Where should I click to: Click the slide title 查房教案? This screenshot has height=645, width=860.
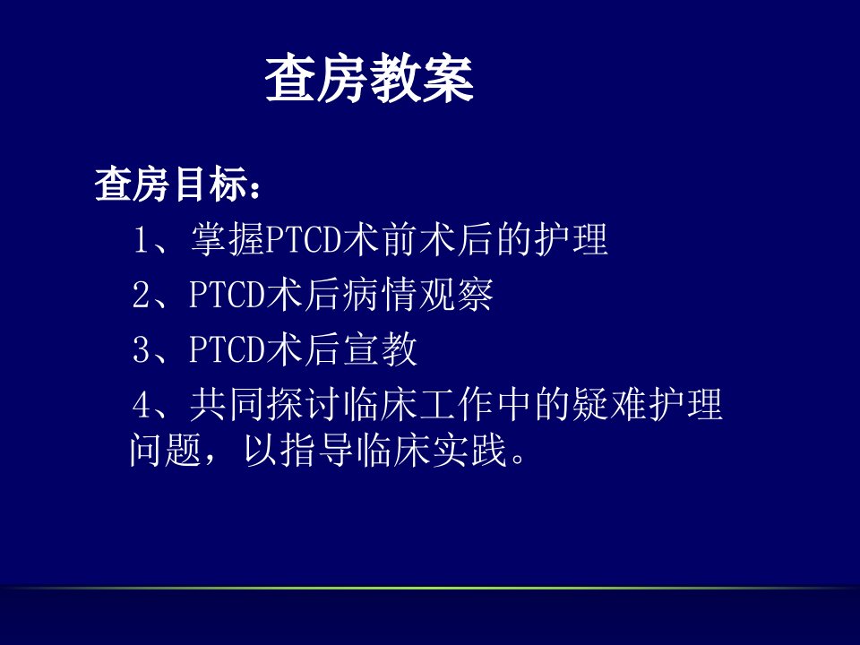[x=369, y=79]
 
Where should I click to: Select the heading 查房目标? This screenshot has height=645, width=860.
[x=170, y=185]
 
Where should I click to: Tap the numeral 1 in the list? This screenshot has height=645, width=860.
[x=141, y=240]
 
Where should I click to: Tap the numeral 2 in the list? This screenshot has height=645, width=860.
[x=141, y=295]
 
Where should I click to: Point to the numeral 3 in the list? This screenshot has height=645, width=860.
[x=141, y=349]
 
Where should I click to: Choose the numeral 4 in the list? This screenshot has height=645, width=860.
[x=141, y=405]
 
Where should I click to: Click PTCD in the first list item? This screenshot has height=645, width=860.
[x=304, y=240]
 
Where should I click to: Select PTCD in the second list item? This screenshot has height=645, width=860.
[x=227, y=295]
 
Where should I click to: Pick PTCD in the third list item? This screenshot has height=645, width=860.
[x=227, y=349]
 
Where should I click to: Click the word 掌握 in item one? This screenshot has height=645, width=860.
[x=228, y=240]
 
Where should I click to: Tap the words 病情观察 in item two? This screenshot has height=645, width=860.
[x=417, y=295]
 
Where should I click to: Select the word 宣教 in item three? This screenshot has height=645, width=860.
[x=380, y=349]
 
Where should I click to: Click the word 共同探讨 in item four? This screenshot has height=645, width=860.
[x=265, y=405]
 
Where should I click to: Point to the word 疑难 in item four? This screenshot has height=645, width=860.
[x=609, y=405]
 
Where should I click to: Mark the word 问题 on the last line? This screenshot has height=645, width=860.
[x=166, y=451]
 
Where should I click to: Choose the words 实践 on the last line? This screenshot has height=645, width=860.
[x=469, y=451]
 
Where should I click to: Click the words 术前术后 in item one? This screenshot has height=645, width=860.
[x=417, y=240]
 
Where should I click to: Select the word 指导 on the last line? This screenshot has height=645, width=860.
[x=317, y=451]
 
